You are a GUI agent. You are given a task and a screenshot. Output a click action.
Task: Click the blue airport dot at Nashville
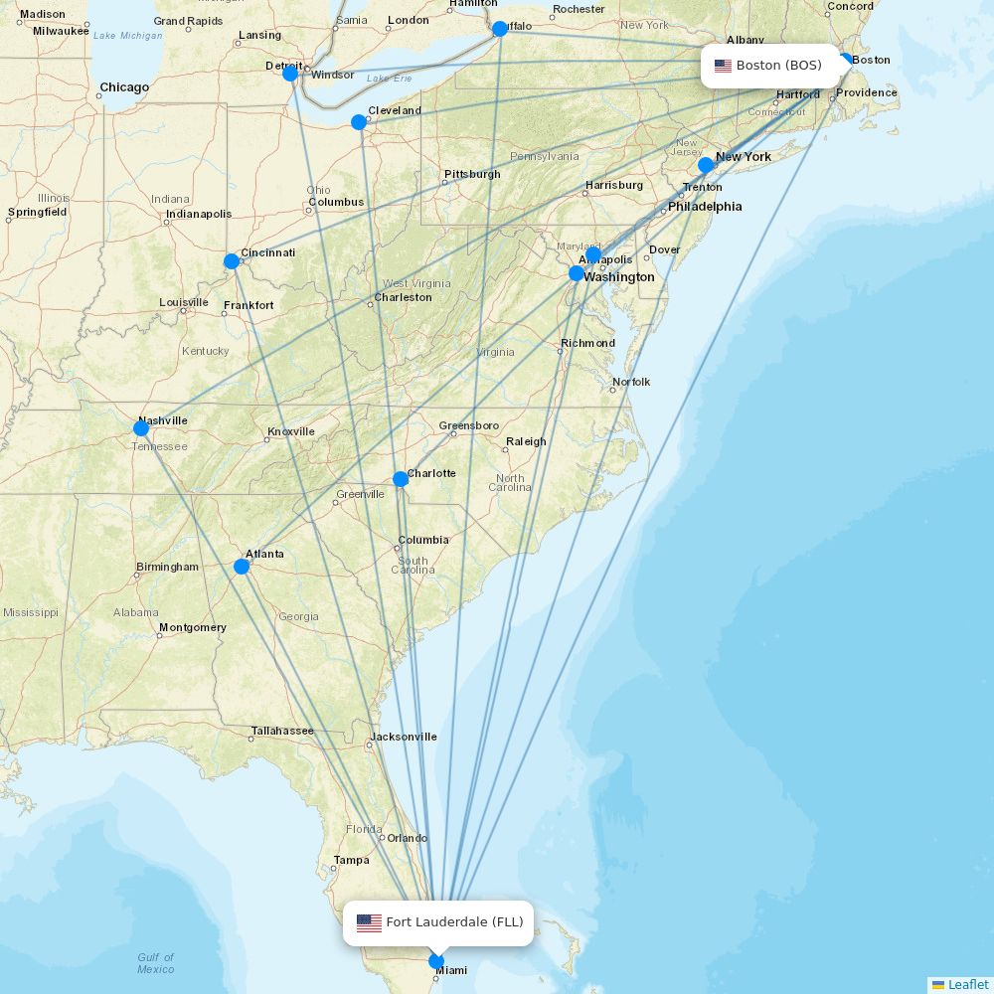pos(141,428)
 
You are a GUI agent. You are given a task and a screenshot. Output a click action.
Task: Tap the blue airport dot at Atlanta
pos(242,567)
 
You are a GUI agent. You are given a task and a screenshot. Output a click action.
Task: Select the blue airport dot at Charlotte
pos(401,479)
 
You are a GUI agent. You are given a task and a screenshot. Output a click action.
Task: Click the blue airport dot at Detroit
pos(290,74)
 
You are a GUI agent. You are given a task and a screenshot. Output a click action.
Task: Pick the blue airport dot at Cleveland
pos(359,122)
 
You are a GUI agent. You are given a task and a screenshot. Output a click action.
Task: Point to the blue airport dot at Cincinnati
pos(232,261)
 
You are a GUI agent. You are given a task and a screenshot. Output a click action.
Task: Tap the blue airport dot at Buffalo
pos(500,29)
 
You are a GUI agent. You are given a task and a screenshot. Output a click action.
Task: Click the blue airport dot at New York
pos(706,165)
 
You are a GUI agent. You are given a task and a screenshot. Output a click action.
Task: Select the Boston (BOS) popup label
pos(769,66)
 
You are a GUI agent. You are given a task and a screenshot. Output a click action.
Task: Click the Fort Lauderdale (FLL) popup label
pos(439,922)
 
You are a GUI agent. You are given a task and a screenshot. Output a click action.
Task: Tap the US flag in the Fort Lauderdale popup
pos(369,922)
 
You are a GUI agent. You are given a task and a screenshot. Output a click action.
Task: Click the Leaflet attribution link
pos(967,984)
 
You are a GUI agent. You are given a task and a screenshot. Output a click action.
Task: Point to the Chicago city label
pos(124,87)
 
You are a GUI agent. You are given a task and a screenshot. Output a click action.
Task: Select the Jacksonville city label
pos(403,737)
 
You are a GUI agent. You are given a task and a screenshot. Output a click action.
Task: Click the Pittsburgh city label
pos(472,174)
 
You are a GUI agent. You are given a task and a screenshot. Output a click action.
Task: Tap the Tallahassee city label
pos(282,731)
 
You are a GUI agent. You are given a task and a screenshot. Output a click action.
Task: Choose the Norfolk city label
pos(631,382)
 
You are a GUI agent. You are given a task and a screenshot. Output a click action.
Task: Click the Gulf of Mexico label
pos(156,963)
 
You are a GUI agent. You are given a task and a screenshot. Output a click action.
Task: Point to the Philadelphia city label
pos(705,207)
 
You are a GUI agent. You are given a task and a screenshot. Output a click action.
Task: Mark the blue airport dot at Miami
pos(436,961)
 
